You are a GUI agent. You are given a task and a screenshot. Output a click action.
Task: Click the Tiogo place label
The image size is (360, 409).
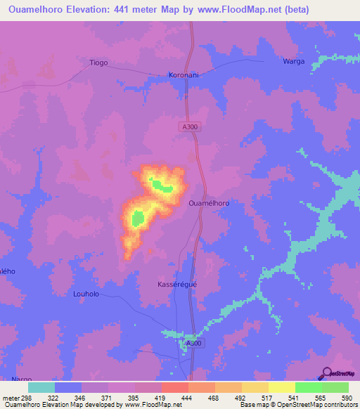(98, 63)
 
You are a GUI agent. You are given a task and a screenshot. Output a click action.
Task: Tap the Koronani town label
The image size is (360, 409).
(186, 74)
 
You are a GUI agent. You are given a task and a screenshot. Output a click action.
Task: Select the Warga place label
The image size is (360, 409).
(294, 61)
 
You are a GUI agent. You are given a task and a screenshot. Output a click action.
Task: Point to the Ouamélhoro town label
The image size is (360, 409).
(210, 202)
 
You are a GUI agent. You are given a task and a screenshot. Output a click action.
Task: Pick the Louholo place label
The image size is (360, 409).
(88, 294)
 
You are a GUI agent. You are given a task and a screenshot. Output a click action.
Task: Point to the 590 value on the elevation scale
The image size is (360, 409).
(346, 398)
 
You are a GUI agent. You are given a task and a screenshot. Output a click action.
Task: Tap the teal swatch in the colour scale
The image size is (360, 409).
(41, 387)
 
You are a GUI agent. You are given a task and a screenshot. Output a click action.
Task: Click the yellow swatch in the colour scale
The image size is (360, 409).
(282, 387)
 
